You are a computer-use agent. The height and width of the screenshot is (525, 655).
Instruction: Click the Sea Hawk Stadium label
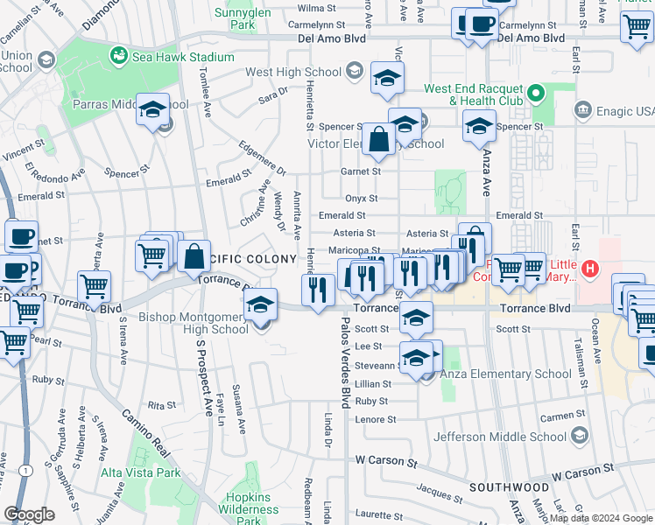[x=185, y=57]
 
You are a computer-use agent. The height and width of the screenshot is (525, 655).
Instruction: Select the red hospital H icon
[x=591, y=268]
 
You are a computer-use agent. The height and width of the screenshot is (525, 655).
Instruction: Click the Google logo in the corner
[x=30, y=514]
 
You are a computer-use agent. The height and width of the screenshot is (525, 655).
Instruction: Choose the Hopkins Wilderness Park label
[x=249, y=501]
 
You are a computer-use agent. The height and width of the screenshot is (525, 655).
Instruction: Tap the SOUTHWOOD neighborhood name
[x=508, y=486]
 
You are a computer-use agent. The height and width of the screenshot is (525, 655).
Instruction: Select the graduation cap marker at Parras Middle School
[x=153, y=110]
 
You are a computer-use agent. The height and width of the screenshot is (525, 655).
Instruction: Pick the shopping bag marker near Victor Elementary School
[x=378, y=139]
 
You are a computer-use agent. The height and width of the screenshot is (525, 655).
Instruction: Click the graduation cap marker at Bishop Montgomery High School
[x=259, y=306]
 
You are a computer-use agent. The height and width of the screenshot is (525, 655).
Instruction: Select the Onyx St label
[x=361, y=199]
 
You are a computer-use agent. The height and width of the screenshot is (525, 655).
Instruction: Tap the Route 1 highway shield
[x=29, y=471]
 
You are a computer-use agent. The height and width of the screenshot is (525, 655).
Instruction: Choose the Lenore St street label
[x=376, y=419]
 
